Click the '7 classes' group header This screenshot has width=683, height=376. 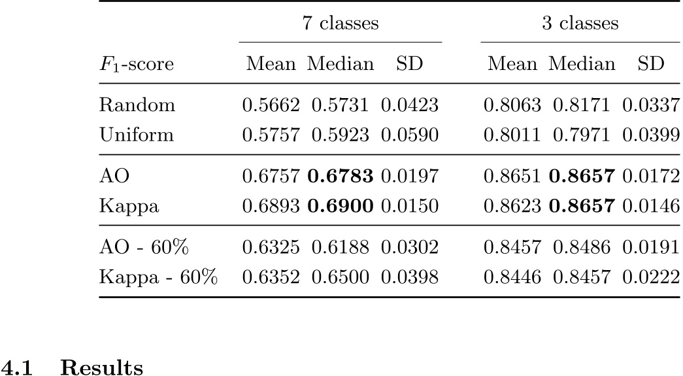click(x=340, y=24)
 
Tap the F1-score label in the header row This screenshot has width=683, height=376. click(x=133, y=64)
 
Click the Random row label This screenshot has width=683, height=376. click(x=129, y=104)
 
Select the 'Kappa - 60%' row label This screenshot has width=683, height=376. click(x=158, y=277)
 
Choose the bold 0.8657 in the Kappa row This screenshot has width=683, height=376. click(x=582, y=207)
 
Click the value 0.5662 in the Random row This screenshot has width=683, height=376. click(x=271, y=104)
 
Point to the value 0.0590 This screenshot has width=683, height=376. click(x=410, y=135)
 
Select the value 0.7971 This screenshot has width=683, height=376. click(x=582, y=135)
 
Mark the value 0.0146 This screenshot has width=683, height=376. click(x=651, y=207)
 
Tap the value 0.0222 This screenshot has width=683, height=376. click(x=651, y=277)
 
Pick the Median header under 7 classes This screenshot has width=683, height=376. click(x=341, y=64)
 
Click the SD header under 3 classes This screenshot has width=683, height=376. click(x=651, y=64)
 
